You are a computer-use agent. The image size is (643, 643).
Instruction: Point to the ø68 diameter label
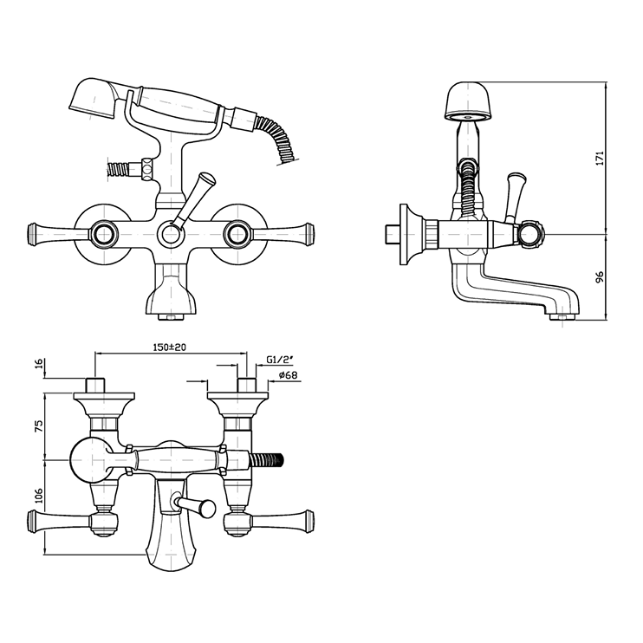point(289,375)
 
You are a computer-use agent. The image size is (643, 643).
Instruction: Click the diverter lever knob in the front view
point(205,183)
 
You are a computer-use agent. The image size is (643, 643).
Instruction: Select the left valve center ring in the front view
point(106,231)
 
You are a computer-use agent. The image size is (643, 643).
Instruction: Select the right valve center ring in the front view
point(233,231)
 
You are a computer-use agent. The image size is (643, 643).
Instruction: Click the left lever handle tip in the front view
point(33,231)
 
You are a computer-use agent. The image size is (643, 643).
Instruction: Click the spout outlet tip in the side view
point(563,315)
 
